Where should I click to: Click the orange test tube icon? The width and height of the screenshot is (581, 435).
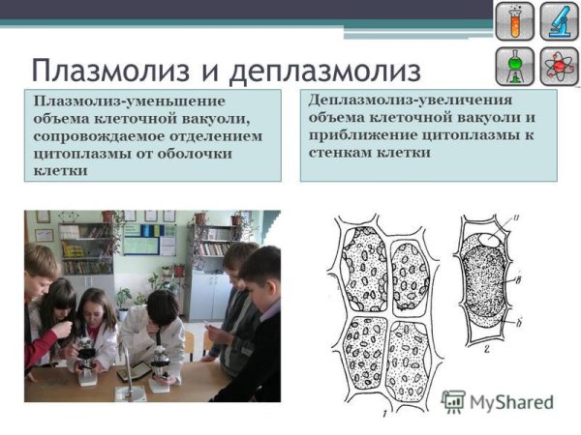514,21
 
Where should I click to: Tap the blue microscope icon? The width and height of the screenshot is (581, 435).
559,21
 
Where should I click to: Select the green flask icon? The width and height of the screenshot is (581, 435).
514,66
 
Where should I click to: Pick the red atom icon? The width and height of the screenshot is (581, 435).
559,66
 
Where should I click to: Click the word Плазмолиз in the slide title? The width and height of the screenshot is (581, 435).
115,71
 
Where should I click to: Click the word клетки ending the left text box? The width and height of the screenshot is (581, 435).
58,171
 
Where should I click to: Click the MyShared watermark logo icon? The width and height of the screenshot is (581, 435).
453,400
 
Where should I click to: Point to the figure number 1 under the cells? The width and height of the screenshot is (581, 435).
383,414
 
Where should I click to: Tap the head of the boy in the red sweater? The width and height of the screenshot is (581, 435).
41,263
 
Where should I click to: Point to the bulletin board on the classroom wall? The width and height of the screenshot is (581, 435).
140,237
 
